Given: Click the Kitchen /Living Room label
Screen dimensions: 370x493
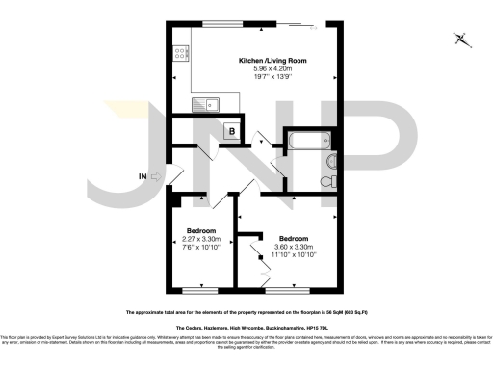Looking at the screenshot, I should point(257,60).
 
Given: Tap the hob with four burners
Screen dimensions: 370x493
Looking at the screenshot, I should point(179,55).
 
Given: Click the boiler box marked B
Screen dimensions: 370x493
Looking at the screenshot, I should point(231,131).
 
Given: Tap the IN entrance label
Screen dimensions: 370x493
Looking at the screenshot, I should point(143,176).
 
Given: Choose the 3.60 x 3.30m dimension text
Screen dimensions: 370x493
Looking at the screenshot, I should point(294,246).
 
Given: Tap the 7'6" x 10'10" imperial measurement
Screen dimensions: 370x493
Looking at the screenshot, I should point(201,249).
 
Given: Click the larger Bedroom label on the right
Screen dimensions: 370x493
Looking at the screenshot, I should point(294,238).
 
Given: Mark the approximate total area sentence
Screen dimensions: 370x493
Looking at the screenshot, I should point(246,312).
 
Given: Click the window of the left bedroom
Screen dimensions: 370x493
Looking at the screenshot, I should point(200,289).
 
